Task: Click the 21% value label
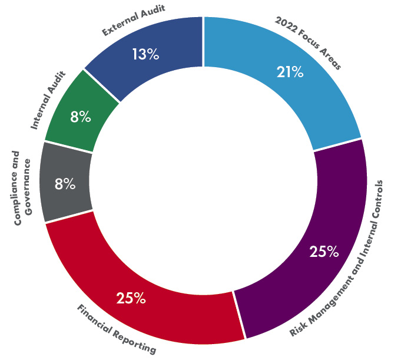(x=290, y=72)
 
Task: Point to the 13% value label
(x=145, y=55)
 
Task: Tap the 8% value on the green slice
(x=80, y=117)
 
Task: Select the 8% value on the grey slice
(x=65, y=184)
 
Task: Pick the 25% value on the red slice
(x=131, y=298)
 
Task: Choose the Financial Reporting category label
(x=117, y=329)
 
